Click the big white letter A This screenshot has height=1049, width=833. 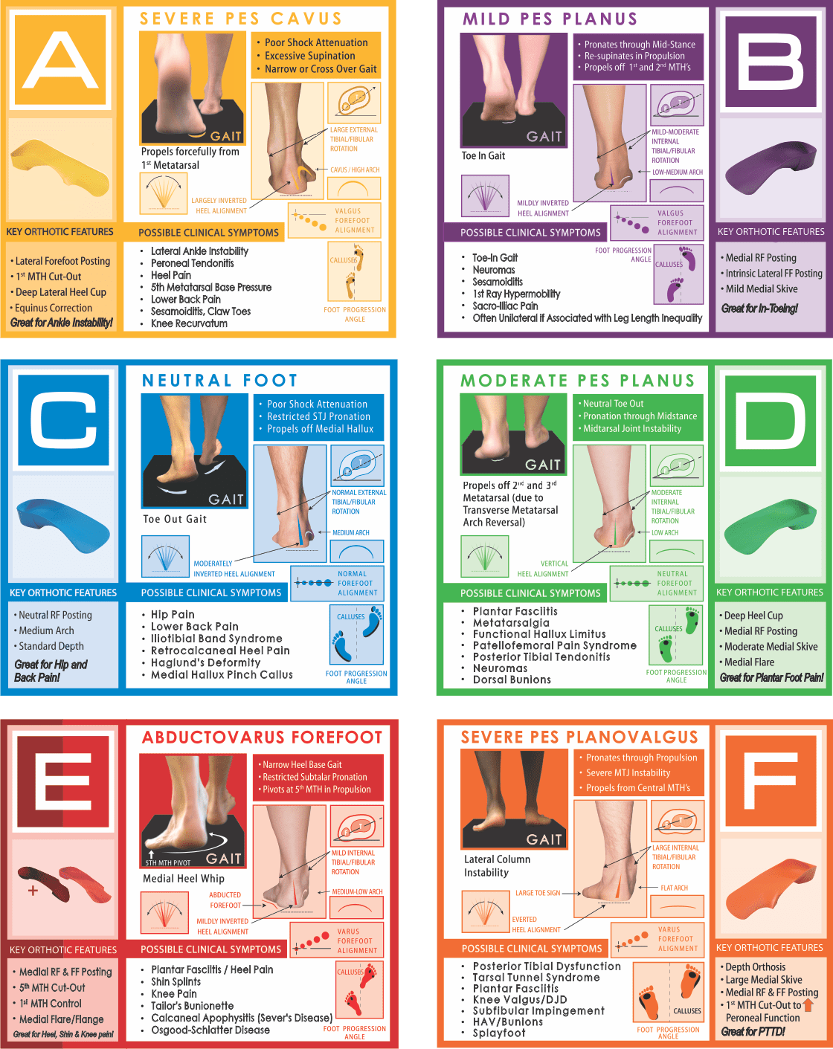click(60, 60)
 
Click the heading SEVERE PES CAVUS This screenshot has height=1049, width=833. click(241, 19)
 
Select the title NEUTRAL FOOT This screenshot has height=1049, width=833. click(219, 380)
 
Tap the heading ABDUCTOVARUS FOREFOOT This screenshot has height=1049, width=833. click(263, 737)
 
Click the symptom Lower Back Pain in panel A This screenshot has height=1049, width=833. click(186, 300)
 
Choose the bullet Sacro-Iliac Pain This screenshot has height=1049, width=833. click(505, 306)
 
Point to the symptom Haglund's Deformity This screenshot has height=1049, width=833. click(206, 662)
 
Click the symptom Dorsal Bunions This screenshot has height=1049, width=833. click(512, 680)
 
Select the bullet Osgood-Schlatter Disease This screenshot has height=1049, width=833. click(210, 1030)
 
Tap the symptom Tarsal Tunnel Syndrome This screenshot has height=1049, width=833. click(536, 978)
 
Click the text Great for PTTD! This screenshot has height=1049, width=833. click(753, 1031)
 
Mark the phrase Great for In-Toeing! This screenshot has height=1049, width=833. click(759, 308)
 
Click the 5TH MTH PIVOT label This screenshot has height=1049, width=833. click(168, 863)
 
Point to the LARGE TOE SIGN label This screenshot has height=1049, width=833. click(538, 893)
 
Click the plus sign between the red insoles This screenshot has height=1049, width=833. click(33, 891)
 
